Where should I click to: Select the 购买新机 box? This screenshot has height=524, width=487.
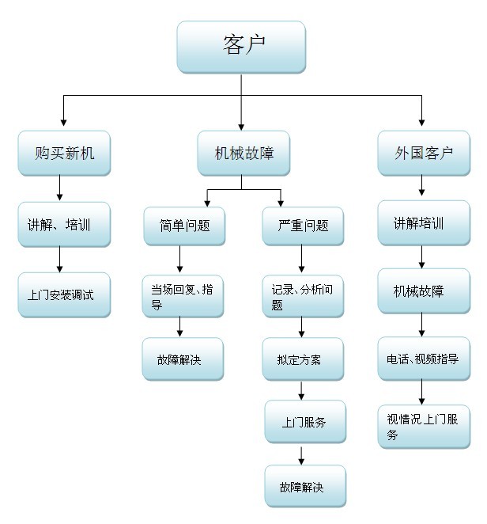(64, 153)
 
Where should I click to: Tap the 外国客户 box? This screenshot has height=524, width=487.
(423, 153)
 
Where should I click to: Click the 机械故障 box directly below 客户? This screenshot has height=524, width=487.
(243, 153)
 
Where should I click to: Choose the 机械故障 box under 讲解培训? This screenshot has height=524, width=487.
(423, 291)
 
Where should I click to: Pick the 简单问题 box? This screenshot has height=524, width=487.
(183, 226)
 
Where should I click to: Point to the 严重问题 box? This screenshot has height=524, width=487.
(304, 226)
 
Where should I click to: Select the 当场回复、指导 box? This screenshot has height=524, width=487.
(183, 296)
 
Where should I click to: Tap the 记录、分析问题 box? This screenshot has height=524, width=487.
(304, 296)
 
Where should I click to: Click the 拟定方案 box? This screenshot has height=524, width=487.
(304, 359)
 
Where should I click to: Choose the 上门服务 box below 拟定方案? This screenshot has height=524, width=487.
(304, 422)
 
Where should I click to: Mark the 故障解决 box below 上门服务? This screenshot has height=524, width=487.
(304, 486)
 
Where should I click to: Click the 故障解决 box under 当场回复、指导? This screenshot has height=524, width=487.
(183, 359)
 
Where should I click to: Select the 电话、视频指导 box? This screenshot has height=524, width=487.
(423, 359)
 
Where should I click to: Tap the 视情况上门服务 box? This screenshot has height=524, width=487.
(423, 427)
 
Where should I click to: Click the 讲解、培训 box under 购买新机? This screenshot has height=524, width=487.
(64, 225)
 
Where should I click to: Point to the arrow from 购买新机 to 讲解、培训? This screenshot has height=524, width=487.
(59, 188)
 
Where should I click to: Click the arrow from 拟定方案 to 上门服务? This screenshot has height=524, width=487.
(301, 391)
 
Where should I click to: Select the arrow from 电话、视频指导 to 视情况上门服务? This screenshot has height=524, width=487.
(421, 391)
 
